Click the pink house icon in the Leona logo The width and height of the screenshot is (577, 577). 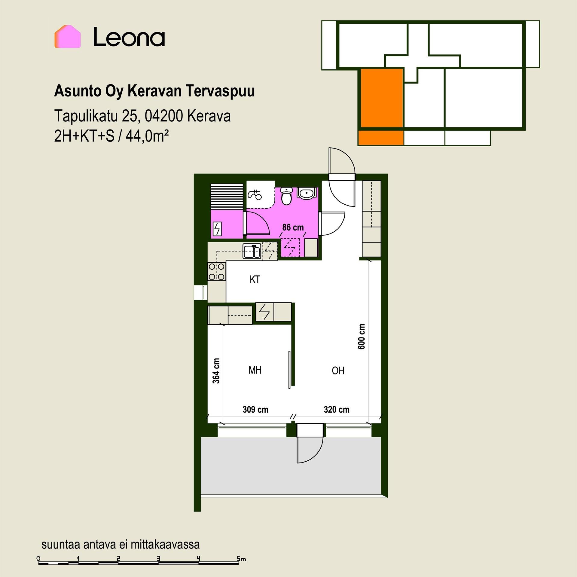pos(68,36)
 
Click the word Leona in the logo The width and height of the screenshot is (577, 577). pos(129,37)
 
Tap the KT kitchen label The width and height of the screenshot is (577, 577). pos(255,279)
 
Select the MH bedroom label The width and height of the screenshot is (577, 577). pos(255,370)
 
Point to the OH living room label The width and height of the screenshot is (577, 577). pos(338,371)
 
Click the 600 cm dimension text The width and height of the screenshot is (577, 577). pos(362,337)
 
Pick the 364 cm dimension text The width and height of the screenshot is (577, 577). pos(216,371)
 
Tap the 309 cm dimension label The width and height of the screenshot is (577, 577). pos(255,409)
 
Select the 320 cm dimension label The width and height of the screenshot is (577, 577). pos(337,409)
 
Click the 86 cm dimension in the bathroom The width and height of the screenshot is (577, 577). pos(293,227)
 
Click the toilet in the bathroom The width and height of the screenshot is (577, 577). pos(287,196)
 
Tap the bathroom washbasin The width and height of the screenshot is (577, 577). pos(306,193)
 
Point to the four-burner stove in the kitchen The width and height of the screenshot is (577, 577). pos(217,271)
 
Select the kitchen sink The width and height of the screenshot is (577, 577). pos(252,251)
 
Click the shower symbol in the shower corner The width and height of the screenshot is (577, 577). pos(255,195)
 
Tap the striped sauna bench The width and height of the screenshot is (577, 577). pos(227,196)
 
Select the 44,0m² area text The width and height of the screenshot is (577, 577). pos(147,137)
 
